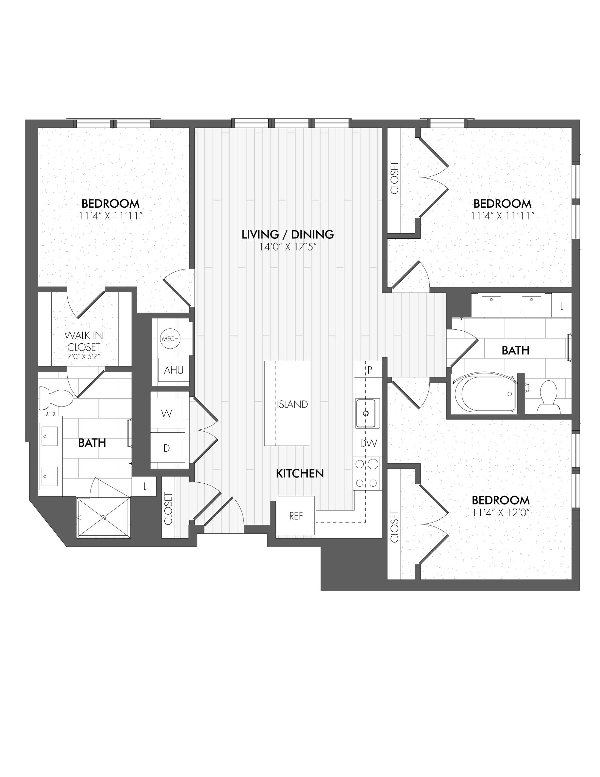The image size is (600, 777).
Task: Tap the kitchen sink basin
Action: [x=365, y=413]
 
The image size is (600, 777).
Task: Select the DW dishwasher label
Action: [x=368, y=443]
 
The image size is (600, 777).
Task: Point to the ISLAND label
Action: [x=292, y=405]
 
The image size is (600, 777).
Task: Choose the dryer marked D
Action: [x=167, y=448]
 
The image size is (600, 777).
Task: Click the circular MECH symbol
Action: [x=170, y=339]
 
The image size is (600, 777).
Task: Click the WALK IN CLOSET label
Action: [x=84, y=341]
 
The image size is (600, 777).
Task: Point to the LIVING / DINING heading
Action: [x=288, y=234]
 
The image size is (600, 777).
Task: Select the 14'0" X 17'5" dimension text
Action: [x=288, y=247]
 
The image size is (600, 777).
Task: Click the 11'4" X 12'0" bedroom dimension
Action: [x=501, y=513]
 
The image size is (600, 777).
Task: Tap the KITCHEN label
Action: [x=300, y=474]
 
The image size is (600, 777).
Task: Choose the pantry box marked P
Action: [x=370, y=371]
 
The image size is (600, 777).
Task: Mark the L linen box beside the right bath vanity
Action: [x=562, y=306]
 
